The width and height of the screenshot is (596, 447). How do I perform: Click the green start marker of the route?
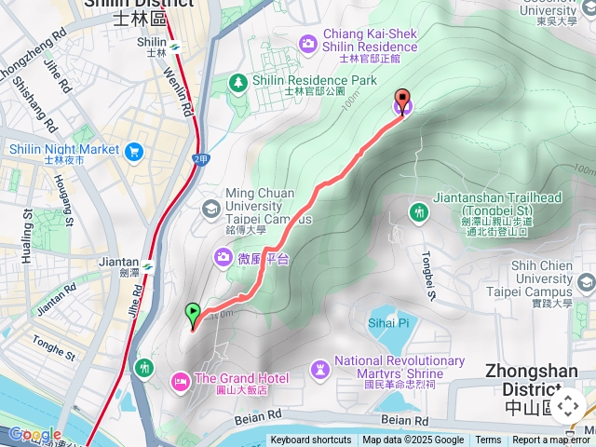193,313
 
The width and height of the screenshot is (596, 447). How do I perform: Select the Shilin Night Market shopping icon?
135,150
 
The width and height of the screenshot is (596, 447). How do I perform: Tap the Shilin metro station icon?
172,43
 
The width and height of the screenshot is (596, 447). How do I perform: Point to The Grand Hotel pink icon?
180,379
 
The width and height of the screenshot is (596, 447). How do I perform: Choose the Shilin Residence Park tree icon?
238,82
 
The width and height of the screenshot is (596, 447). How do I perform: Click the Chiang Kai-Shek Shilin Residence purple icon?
308,43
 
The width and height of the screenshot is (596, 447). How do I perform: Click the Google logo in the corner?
34,435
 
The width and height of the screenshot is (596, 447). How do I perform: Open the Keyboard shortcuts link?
311,440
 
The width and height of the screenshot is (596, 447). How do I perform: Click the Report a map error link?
551,440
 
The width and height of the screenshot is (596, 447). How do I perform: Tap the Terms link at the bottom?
488,440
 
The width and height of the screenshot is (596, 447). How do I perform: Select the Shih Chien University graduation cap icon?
586,282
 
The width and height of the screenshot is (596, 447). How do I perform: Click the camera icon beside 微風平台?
223,256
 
